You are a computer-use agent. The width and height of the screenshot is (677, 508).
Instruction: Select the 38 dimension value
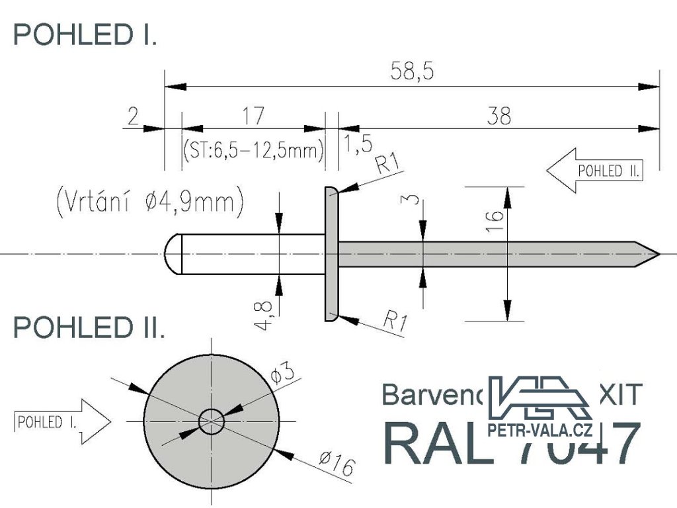point(499,116)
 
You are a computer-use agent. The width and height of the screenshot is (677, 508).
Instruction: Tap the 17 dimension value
point(253,116)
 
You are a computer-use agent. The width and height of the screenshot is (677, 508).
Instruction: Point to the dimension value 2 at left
point(133,116)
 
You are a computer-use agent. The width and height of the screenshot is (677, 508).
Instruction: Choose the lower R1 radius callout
point(395,321)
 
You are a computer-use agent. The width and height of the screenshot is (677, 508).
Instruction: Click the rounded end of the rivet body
point(171,253)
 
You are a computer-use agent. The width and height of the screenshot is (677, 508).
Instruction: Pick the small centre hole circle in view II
point(212,421)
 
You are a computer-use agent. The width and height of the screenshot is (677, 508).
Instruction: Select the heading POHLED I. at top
point(85,35)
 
